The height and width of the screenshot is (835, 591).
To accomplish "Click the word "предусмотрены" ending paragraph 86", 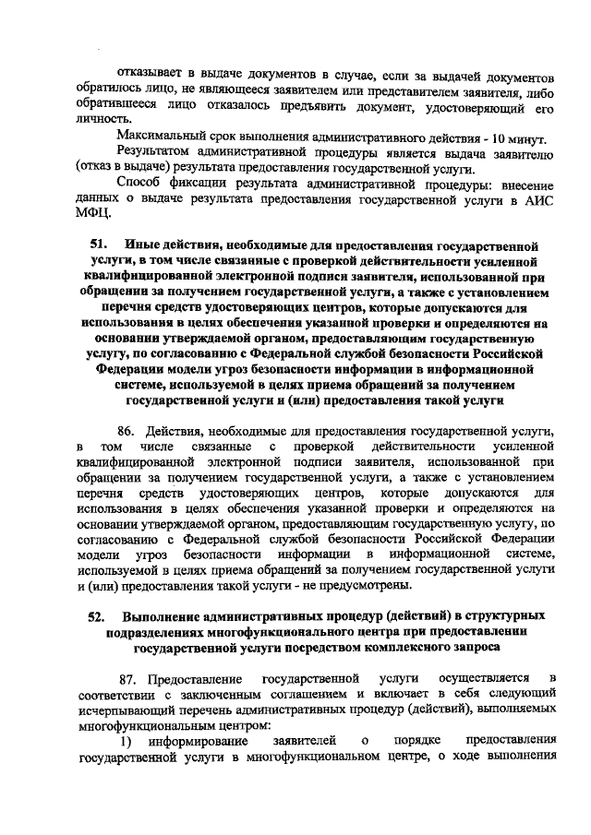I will point(369,587).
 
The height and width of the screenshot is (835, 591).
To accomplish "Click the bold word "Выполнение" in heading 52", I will point(159,615).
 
